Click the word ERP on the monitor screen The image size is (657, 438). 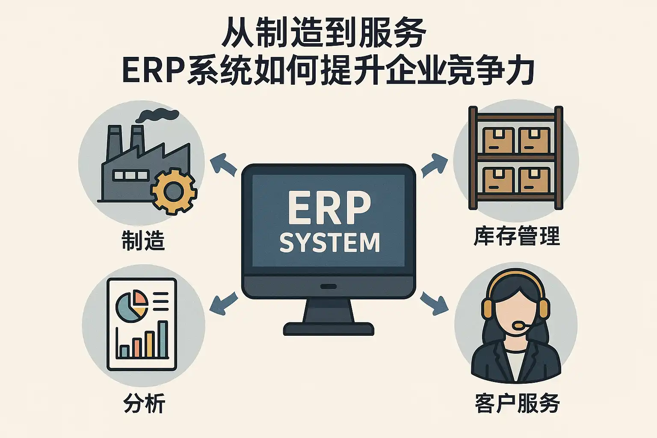tap(329, 208)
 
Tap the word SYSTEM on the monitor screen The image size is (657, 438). tap(329, 243)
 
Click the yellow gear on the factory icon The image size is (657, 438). tap(174, 191)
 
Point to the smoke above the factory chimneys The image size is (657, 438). tap(158, 114)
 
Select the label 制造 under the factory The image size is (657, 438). tap(143, 240)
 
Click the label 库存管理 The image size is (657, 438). tap(517, 236)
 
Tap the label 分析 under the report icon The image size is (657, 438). tap(144, 403)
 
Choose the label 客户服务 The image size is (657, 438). tap(517, 403)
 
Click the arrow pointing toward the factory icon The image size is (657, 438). tap(223, 166)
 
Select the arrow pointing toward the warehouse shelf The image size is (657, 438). tap(434, 164)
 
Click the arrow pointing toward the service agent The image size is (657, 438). tap(434, 303)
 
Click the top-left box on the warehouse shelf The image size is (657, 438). tap(497, 140)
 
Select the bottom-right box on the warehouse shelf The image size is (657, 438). tap(533, 180)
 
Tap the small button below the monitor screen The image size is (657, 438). tap(328, 286)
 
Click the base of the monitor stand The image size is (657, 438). tap(328, 329)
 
